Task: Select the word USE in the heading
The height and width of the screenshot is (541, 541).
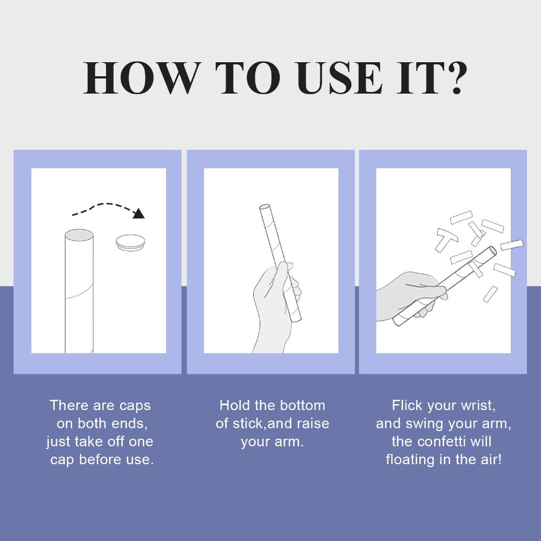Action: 340,78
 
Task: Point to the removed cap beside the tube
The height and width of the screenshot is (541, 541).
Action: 130,243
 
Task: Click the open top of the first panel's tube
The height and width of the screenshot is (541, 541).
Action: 79,235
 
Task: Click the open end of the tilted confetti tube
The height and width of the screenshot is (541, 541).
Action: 493,251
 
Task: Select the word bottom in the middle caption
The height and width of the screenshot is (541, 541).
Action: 302,405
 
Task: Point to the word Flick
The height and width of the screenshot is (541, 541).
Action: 407,405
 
